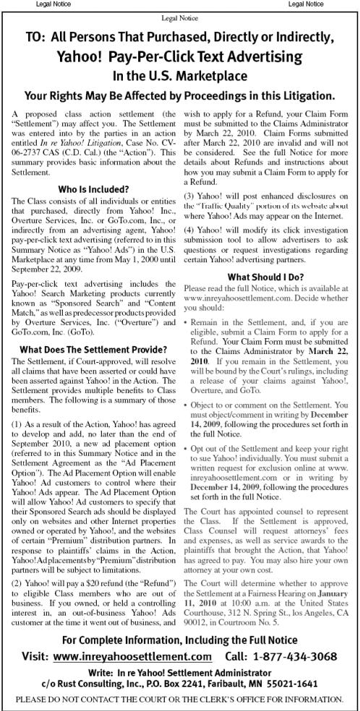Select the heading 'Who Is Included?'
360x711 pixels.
click(x=90, y=189)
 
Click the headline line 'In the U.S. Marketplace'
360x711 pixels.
click(x=179, y=75)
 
